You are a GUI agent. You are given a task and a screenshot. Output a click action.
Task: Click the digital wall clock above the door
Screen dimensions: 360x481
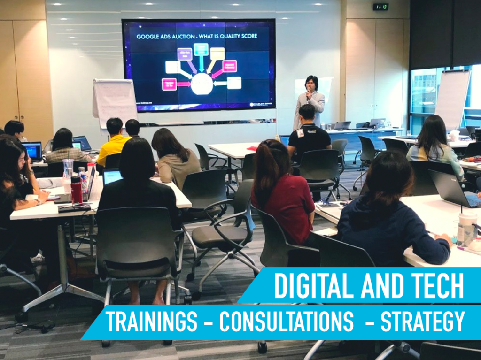(380, 7)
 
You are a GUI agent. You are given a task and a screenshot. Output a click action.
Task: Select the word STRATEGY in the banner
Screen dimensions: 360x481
(422, 322)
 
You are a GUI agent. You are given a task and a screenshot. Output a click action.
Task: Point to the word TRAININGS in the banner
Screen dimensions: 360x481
(151, 322)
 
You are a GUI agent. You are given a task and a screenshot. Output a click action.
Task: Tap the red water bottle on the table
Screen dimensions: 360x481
(76, 189)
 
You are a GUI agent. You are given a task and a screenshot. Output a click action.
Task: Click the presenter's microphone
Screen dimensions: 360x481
(308, 93)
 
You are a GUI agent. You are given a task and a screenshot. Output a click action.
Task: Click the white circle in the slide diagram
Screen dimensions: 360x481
(202, 84)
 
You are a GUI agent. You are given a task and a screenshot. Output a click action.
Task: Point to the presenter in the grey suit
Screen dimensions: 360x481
(310, 101)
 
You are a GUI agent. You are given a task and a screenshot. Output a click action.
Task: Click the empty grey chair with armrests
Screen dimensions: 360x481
(225, 225)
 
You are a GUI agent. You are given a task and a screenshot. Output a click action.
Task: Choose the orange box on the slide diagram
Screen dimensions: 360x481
(217, 54)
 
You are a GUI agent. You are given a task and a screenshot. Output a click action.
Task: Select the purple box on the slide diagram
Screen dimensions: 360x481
(185, 54)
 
